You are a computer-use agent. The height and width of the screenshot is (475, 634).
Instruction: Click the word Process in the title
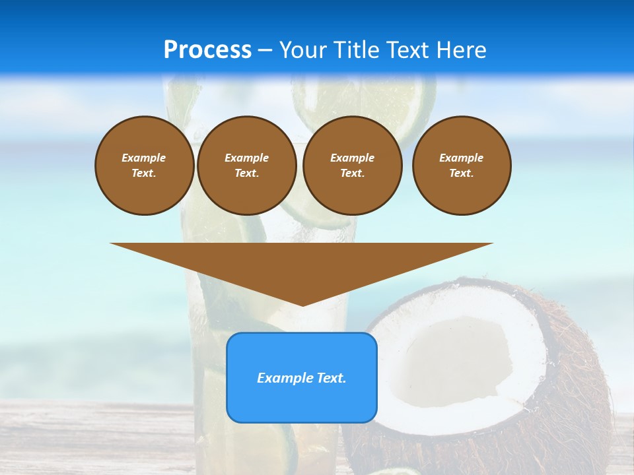click(207, 50)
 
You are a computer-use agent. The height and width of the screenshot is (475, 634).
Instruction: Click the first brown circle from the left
click(144, 166)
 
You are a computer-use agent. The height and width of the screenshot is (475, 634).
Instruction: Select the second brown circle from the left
click(246, 166)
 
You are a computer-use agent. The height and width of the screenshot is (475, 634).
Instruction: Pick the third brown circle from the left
click(352, 166)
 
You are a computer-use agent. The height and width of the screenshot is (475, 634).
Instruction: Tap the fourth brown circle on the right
click(461, 166)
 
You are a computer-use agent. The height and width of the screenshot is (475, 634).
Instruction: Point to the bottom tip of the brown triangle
click(302, 305)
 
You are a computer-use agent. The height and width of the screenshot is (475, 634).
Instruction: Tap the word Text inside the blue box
click(332, 378)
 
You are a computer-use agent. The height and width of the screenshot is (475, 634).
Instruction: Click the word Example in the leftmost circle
click(144, 158)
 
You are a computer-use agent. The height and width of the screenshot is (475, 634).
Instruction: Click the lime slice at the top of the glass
click(367, 99)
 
